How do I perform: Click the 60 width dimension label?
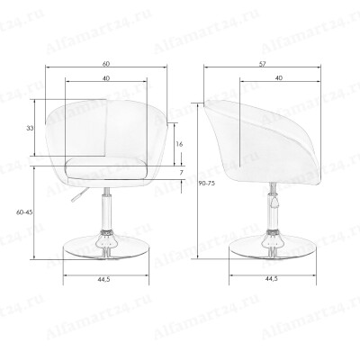[x=106, y=64]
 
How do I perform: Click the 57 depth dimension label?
[x=263, y=64]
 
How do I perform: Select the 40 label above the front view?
[x=106, y=78]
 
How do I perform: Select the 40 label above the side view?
[x=279, y=78]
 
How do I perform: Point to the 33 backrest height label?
[x=30, y=129]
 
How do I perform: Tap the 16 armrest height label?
[x=179, y=144]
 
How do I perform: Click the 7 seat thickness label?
[x=181, y=173]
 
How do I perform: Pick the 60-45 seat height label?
[x=24, y=212]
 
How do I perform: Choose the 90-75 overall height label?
[x=207, y=184]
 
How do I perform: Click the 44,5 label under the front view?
[x=103, y=279]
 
